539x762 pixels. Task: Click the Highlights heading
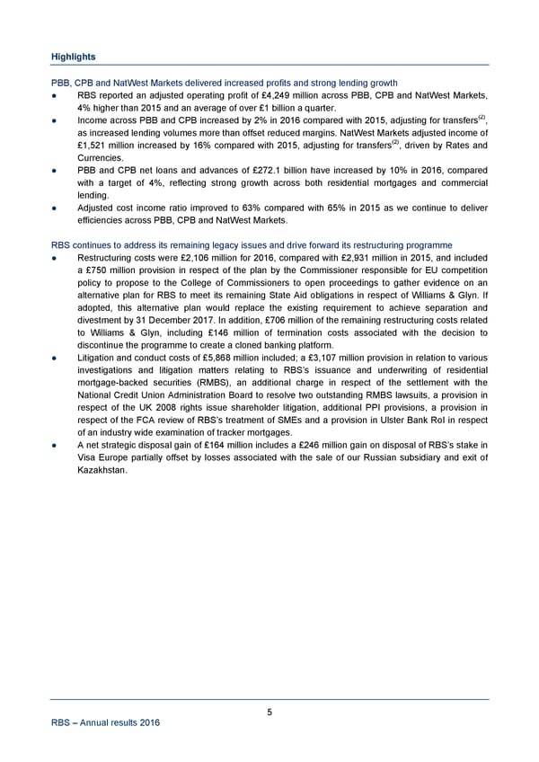click(72, 56)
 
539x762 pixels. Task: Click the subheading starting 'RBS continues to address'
click(252, 244)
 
